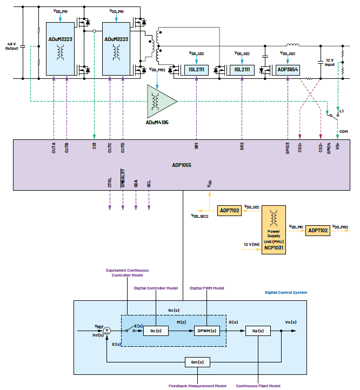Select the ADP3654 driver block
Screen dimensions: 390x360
click(288, 70)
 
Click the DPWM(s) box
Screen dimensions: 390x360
click(206, 331)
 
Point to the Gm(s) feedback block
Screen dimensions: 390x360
click(197, 361)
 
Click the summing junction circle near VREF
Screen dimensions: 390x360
click(107, 330)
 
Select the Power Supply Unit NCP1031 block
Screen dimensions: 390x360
click(275, 226)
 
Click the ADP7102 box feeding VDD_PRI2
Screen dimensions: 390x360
click(317, 230)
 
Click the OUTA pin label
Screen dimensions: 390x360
click(54, 147)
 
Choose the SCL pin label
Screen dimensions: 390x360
click(149, 182)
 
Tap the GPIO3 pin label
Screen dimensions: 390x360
click(288, 147)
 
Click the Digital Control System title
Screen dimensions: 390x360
click(286, 292)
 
